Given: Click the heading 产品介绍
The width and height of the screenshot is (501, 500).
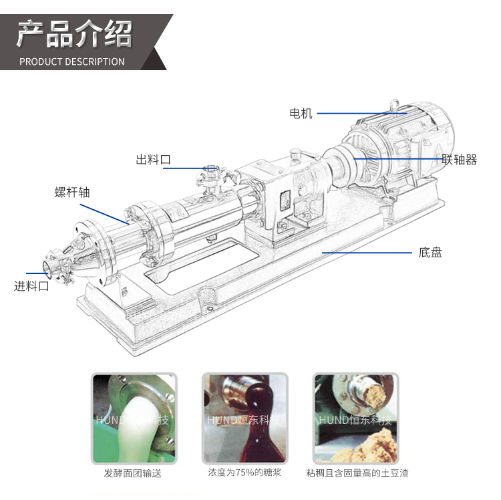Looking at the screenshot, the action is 74,33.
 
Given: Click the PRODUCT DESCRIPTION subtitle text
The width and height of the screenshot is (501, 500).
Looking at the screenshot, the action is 72,61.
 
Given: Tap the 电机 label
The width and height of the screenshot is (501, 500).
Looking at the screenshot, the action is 301,114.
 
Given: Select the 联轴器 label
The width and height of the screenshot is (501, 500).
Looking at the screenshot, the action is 459,160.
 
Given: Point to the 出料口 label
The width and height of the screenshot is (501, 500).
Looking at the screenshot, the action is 154,160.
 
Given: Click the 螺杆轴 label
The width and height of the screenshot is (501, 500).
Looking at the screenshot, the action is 72,193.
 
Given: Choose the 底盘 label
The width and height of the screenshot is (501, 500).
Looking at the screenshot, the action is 430,253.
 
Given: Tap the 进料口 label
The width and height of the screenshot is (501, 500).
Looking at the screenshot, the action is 31,286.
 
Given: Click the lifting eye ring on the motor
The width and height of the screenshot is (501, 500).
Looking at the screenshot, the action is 395,104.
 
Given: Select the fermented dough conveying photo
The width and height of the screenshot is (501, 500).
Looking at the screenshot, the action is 134,418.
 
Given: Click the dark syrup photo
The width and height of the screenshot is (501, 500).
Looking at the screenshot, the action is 244,418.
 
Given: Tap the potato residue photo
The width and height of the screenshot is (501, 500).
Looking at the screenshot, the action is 356,418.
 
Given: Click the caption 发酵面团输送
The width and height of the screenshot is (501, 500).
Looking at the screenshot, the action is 133,473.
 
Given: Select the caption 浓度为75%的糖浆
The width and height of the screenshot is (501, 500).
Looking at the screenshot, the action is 244,473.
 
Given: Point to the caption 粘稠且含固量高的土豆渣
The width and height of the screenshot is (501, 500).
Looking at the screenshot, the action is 357,473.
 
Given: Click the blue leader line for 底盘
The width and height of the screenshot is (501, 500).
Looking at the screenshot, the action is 367,253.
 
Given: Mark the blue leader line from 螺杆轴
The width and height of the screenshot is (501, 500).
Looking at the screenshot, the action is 105,214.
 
